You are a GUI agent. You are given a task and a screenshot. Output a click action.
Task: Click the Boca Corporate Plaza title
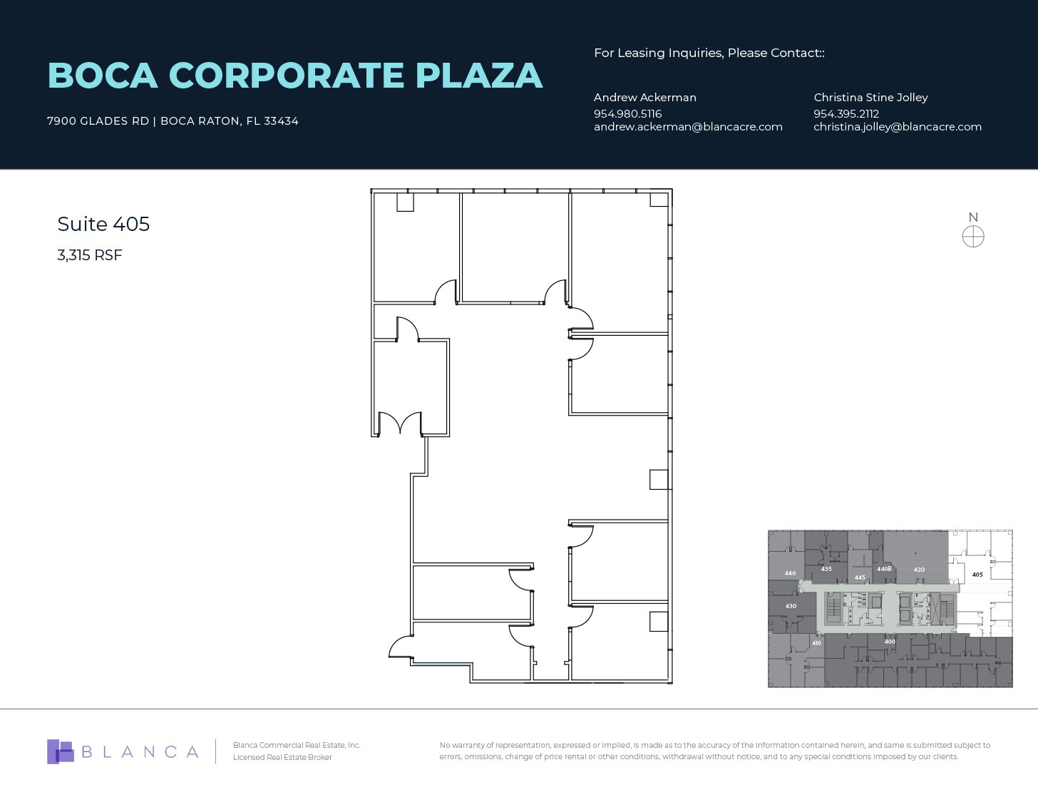294,76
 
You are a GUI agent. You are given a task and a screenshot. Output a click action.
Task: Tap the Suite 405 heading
103,224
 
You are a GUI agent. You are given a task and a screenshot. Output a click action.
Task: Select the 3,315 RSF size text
90,255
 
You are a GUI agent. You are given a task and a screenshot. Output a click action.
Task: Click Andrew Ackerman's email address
688,127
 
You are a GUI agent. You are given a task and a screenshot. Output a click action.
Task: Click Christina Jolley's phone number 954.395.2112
846,114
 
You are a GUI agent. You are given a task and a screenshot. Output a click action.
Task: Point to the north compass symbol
973,236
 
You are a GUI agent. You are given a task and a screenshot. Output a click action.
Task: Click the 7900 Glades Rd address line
173,121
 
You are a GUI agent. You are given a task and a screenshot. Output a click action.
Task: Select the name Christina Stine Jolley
870,98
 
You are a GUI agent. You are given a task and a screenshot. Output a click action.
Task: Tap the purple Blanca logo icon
61,751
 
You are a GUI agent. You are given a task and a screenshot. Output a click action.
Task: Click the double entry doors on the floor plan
400,423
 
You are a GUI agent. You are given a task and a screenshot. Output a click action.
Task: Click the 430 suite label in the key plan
791,606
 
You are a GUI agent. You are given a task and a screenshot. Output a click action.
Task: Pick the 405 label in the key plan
977,575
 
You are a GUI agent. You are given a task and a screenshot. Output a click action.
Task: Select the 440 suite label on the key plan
790,573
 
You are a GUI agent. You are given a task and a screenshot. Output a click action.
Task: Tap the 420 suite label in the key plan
919,570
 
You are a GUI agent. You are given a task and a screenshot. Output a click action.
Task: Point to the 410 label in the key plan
816,643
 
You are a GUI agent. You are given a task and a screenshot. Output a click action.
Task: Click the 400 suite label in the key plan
890,642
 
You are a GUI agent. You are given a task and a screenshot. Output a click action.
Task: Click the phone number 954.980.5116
627,114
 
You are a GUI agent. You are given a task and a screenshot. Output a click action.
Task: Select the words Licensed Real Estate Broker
282,757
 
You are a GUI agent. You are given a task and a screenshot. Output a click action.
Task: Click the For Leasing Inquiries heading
709,53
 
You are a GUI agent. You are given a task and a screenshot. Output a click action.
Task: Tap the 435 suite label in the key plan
826,569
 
